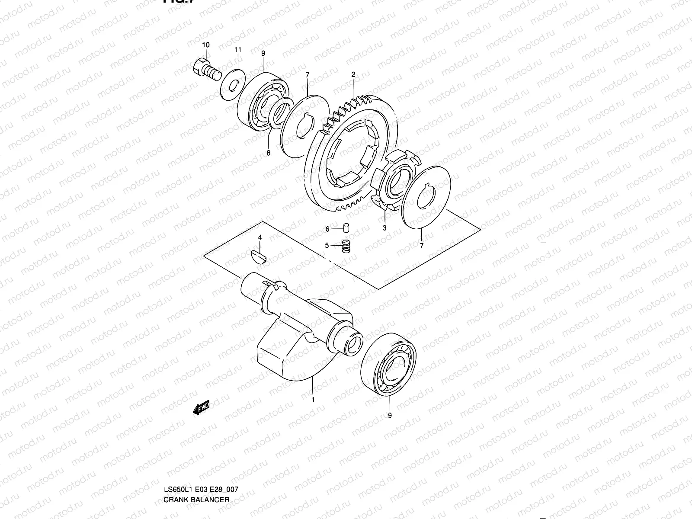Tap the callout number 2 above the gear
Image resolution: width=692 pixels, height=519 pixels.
[353, 75]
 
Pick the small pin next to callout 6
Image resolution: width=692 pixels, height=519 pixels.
[346, 228]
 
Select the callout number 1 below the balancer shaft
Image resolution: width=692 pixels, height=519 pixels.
[313, 400]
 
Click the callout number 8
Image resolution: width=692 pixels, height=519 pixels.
[268, 153]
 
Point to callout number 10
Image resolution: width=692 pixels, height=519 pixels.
[205, 45]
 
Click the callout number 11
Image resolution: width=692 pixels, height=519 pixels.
[238, 50]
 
